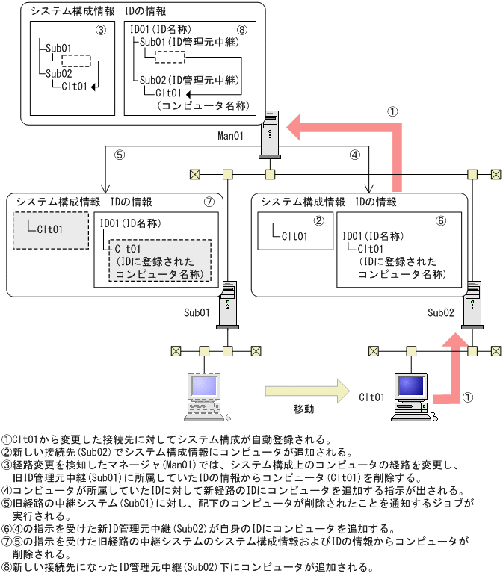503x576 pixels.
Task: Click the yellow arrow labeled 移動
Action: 307,389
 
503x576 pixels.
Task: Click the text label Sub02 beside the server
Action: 441,311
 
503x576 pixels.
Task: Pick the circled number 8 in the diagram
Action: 241,31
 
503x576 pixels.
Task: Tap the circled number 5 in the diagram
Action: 119,156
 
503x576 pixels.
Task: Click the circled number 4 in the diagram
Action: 355,156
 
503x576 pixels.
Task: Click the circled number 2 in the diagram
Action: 318,221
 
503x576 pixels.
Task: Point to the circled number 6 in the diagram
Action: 440,221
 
